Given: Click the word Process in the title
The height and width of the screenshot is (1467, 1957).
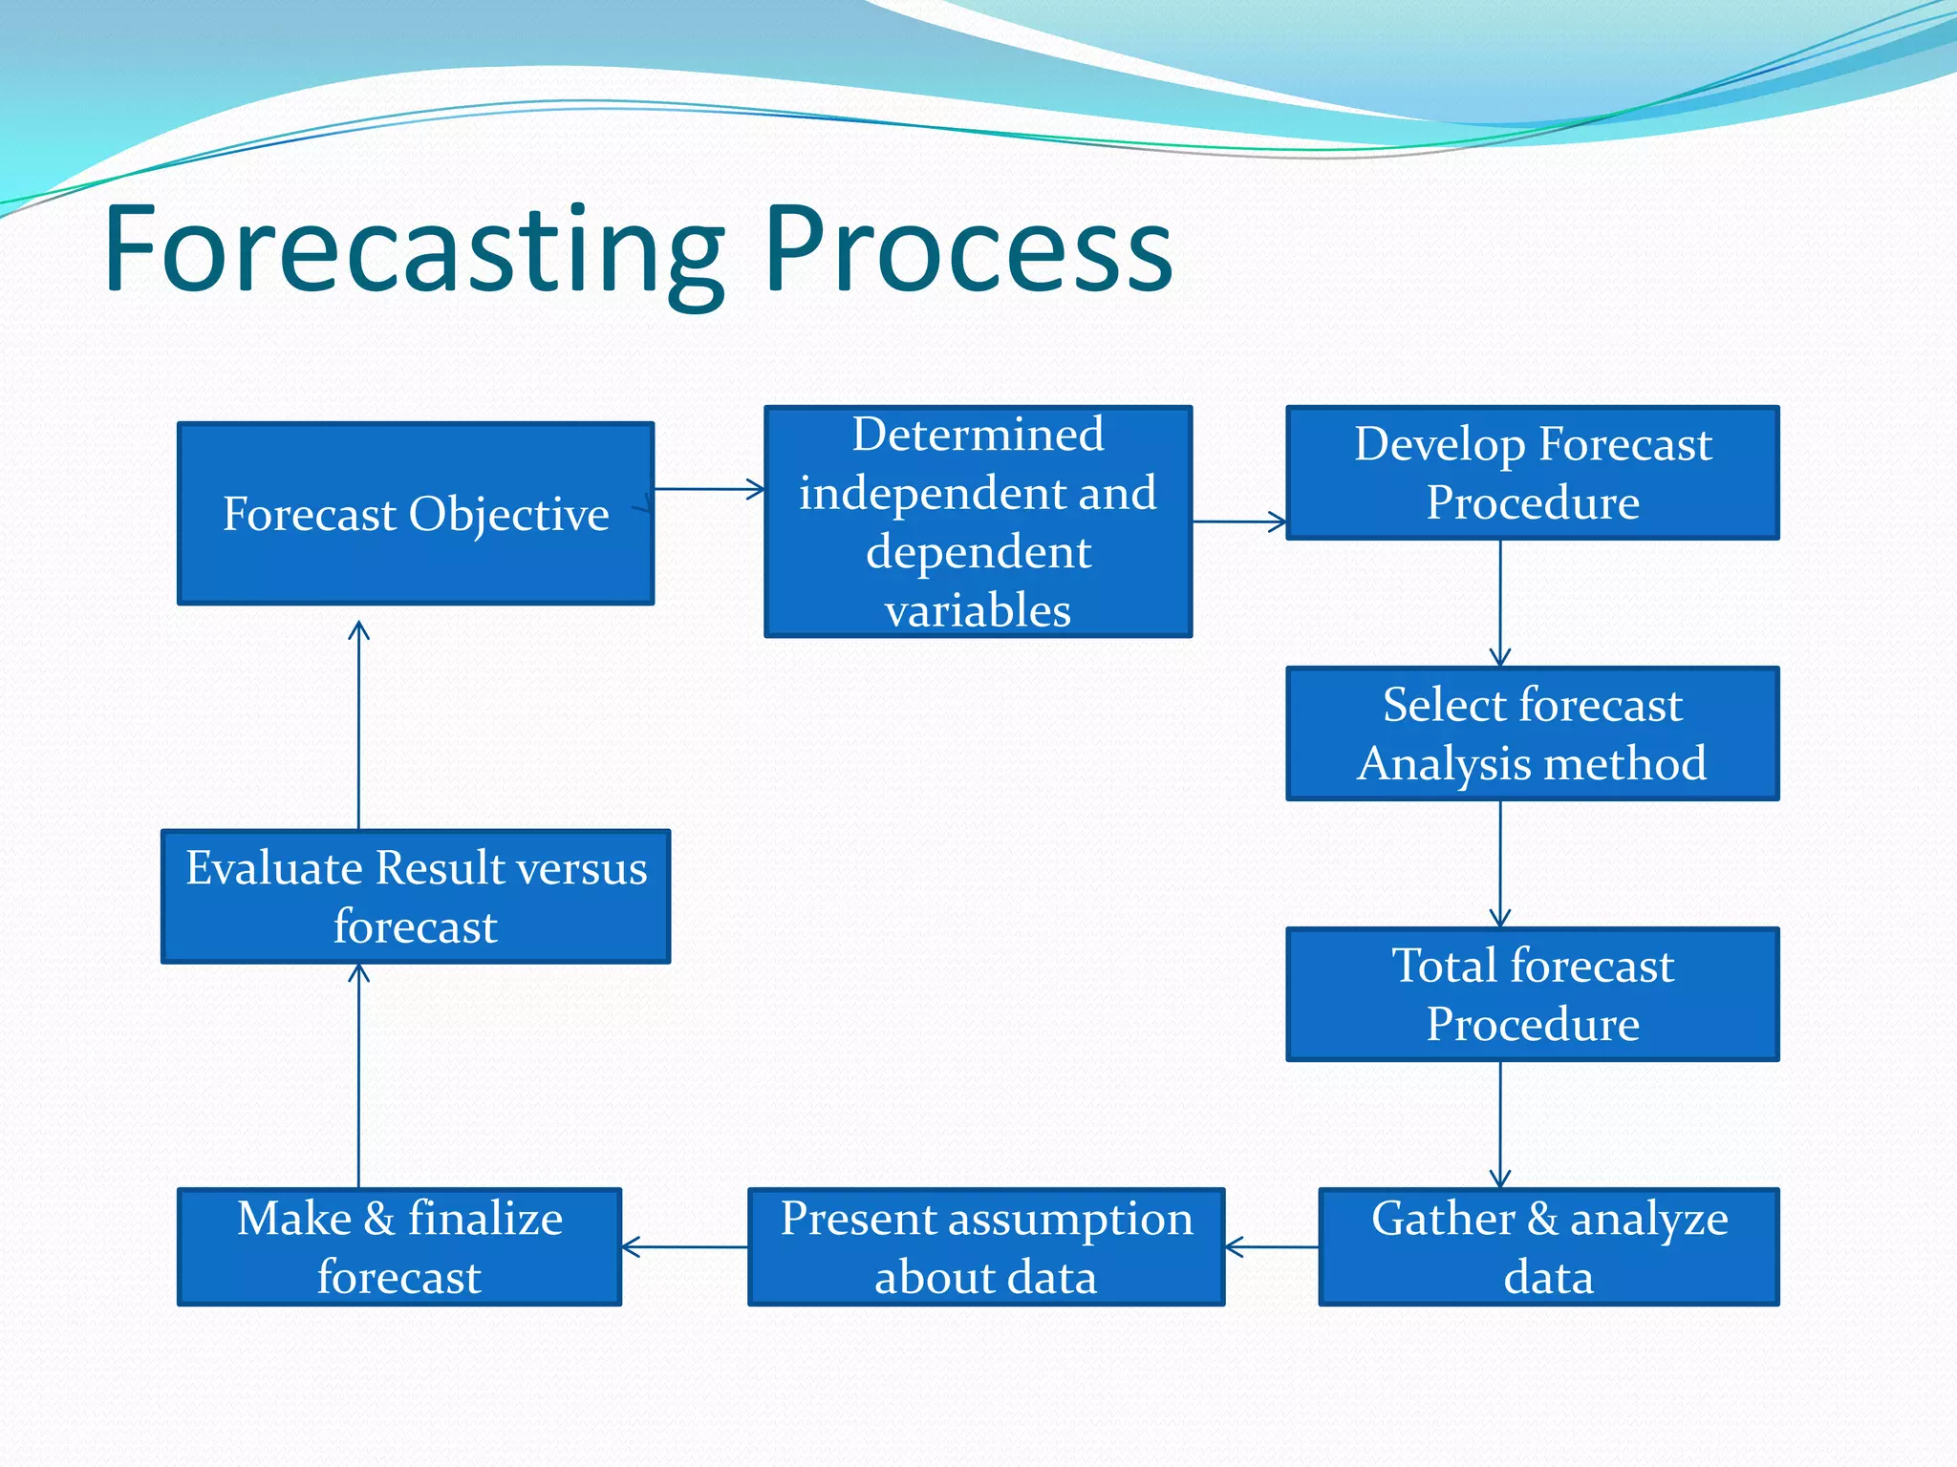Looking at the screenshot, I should pos(967,250).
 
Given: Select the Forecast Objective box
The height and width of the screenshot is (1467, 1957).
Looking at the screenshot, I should pos(416,514).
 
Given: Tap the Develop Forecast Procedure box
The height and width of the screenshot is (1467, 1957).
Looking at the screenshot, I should pos(1532,473).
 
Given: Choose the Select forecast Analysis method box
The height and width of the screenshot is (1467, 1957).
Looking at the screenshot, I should pos(1532,733).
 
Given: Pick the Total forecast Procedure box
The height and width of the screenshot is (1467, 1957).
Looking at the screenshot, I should pos(1532,994).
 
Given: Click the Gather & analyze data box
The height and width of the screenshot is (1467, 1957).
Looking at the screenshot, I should pos(1548,1246).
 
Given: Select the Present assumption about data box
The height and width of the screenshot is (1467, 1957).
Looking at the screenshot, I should pos(985,1246).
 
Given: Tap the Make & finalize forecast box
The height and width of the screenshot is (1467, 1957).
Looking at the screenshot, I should pos(399,1246).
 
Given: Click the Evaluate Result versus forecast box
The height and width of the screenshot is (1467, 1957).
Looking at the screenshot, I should pos(416,896).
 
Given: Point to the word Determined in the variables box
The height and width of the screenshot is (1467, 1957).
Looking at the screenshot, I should pos(978,435).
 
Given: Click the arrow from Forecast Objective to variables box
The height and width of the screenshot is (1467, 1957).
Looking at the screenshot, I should pos(709,489).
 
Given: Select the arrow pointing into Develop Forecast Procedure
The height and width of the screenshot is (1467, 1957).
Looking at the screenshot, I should pos(1238,521).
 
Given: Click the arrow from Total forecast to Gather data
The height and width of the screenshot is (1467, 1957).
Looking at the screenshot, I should pos(1500,1124).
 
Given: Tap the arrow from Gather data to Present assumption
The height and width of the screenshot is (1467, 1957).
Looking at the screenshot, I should pos(1271,1246).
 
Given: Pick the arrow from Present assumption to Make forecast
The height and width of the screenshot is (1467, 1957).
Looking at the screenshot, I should pos(684,1246).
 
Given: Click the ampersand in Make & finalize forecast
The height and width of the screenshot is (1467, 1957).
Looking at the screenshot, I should pos(379,1219).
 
